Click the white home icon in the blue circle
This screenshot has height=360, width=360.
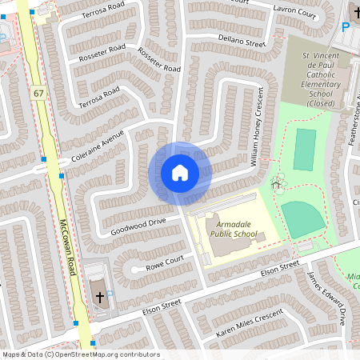click(180, 173)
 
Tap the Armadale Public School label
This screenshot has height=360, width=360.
click(234, 230)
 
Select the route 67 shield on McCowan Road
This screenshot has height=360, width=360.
click(38, 94)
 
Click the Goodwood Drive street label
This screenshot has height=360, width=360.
click(139, 222)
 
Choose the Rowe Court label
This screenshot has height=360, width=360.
click(165, 262)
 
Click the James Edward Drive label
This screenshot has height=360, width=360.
click(326, 297)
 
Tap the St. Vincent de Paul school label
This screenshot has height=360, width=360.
click(315, 78)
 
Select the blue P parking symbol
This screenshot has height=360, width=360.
click(346, 26)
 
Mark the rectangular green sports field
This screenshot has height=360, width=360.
click(304, 150)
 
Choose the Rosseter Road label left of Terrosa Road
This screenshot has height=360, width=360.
click(102, 53)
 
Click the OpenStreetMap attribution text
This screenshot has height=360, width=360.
click(80, 354)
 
